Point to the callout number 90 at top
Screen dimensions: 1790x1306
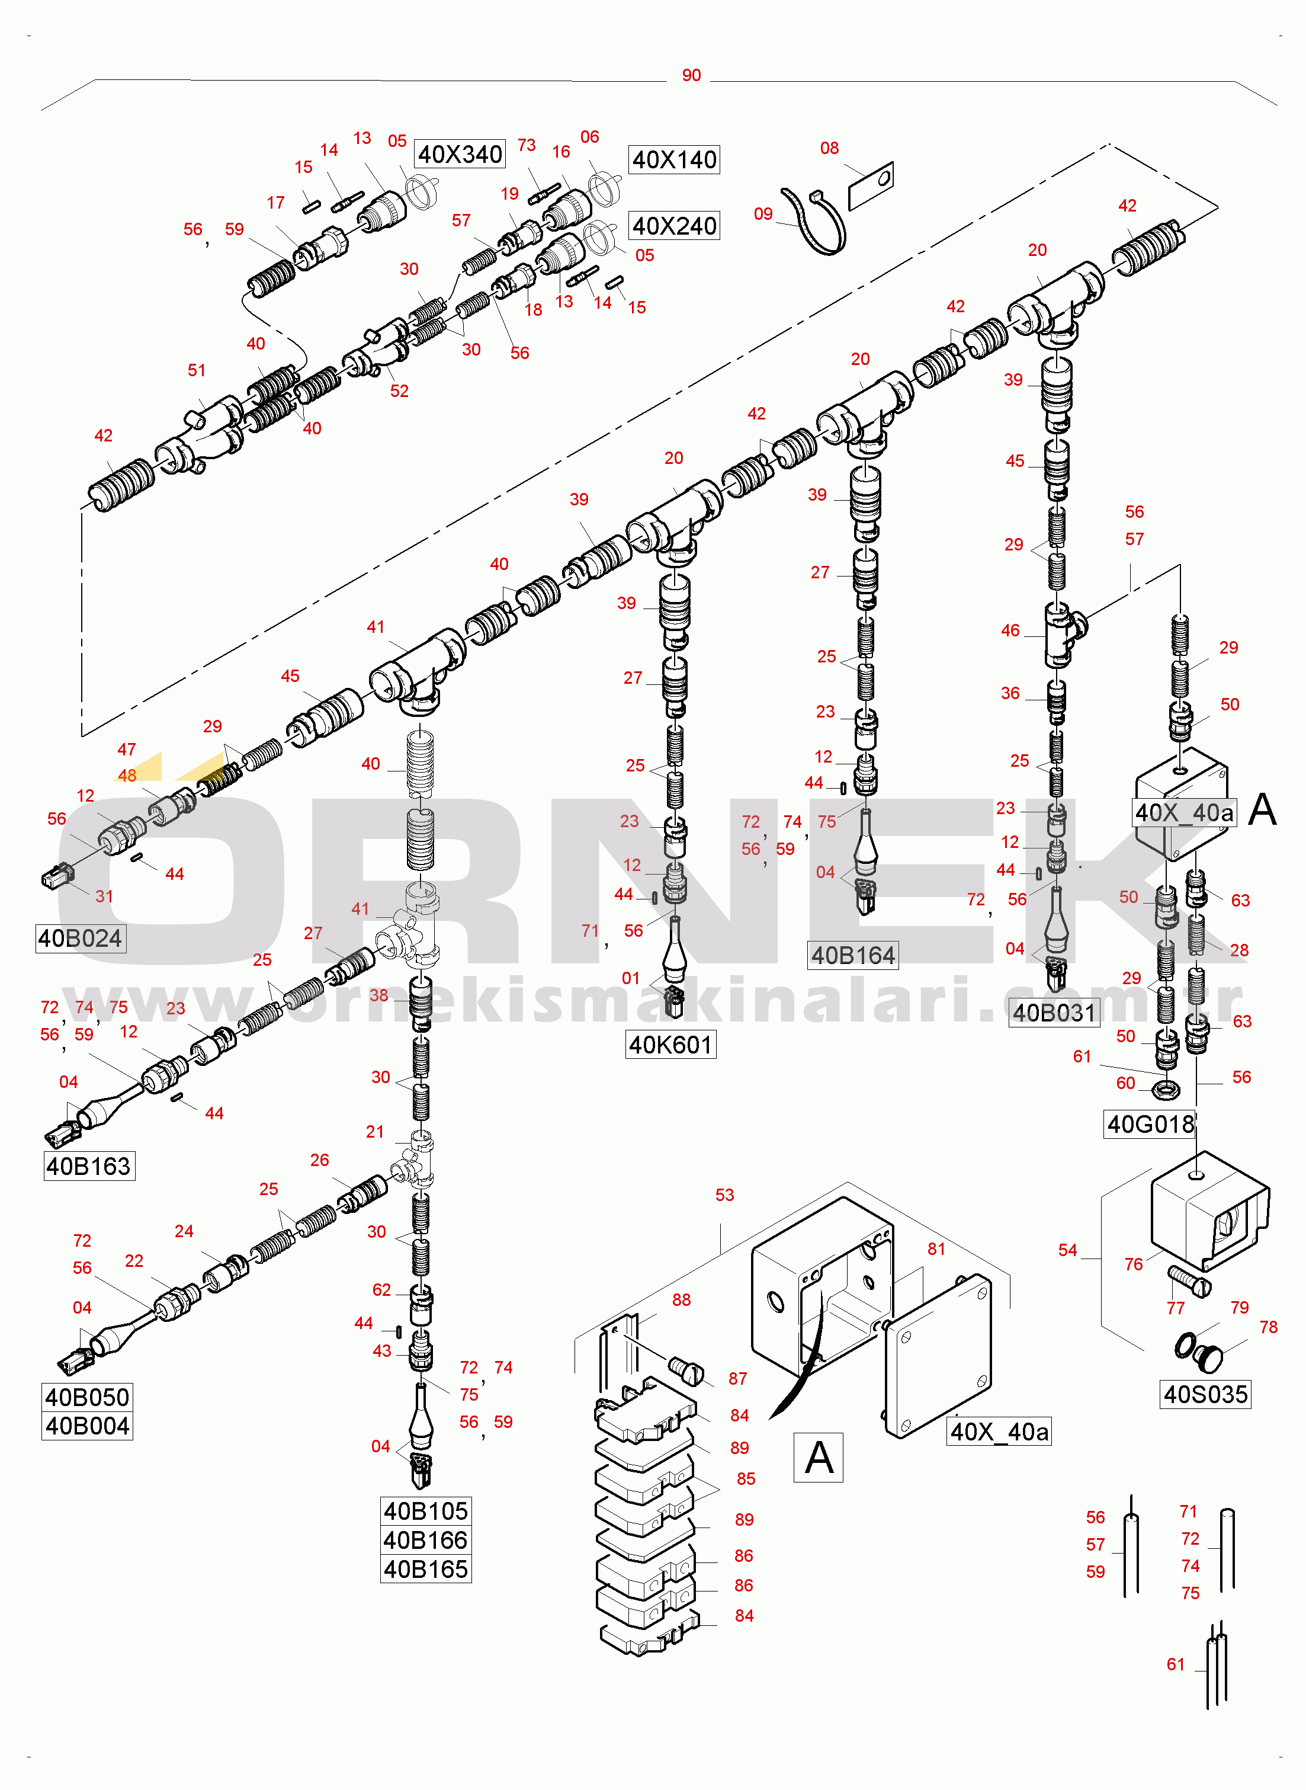pyautogui.click(x=691, y=76)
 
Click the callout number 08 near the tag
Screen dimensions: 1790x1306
pyautogui.click(x=829, y=149)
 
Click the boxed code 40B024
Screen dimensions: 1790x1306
pyautogui.click(x=80, y=939)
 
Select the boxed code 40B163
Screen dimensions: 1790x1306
pyautogui.click(x=88, y=1166)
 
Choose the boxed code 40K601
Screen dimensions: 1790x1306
pyautogui.click(x=670, y=1045)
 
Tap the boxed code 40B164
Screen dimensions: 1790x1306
pyautogui.click(x=852, y=955)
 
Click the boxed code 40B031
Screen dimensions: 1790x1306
pyautogui.click(x=1054, y=1013)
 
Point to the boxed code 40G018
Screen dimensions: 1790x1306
pyautogui.click(x=1150, y=1123)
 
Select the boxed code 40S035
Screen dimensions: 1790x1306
pyautogui.click(x=1205, y=1394)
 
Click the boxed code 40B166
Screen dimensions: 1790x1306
pyautogui.click(x=425, y=1540)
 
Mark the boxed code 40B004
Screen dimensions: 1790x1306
pyautogui.click(x=87, y=1426)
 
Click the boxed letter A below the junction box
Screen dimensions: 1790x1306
pyautogui.click(x=818, y=1457)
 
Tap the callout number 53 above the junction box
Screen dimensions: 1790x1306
pyautogui.click(x=724, y=1195)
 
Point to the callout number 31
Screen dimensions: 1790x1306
pyautogui.click(x=104, y=896)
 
